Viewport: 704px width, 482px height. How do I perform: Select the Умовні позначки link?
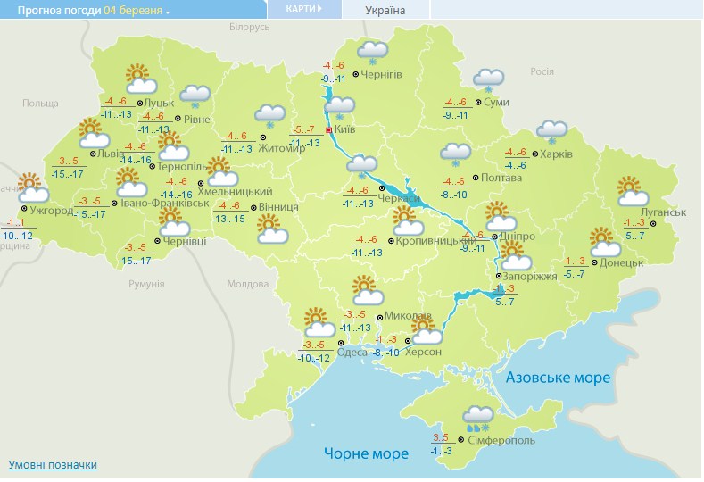[53, 465]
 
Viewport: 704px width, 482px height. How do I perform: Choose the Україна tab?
[385, 10]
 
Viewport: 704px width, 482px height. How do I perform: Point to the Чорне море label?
[367, 453]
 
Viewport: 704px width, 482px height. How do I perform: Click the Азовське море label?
[559, 378]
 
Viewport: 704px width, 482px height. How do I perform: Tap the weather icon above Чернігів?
[372, 54]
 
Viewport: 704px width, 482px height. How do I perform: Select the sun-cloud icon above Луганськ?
[631, 190]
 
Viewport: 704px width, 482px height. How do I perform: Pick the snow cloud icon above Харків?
[551, 131]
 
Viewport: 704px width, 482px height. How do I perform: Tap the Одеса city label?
[352, 353]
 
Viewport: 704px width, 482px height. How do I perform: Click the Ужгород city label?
[50, 212]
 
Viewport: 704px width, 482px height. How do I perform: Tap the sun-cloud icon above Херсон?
[424, 331]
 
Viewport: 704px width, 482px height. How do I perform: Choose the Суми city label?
[495, 103]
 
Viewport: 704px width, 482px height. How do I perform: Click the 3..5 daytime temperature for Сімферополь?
[440, 437]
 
